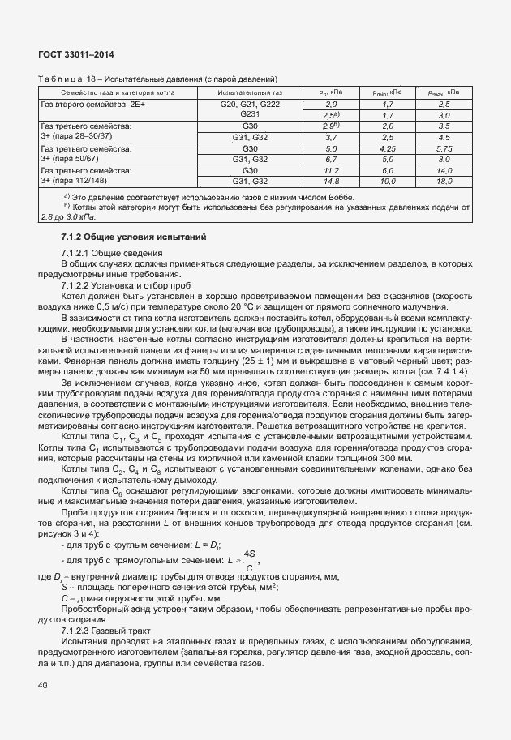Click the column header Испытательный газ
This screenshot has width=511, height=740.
click(249, 93)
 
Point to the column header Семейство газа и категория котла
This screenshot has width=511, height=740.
click(115, 93)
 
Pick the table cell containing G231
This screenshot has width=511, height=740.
click(249, 116)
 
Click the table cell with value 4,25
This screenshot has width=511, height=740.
click(387, 150)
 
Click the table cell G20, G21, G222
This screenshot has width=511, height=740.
click(249, 105)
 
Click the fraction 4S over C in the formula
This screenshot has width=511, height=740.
click(249, 562)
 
